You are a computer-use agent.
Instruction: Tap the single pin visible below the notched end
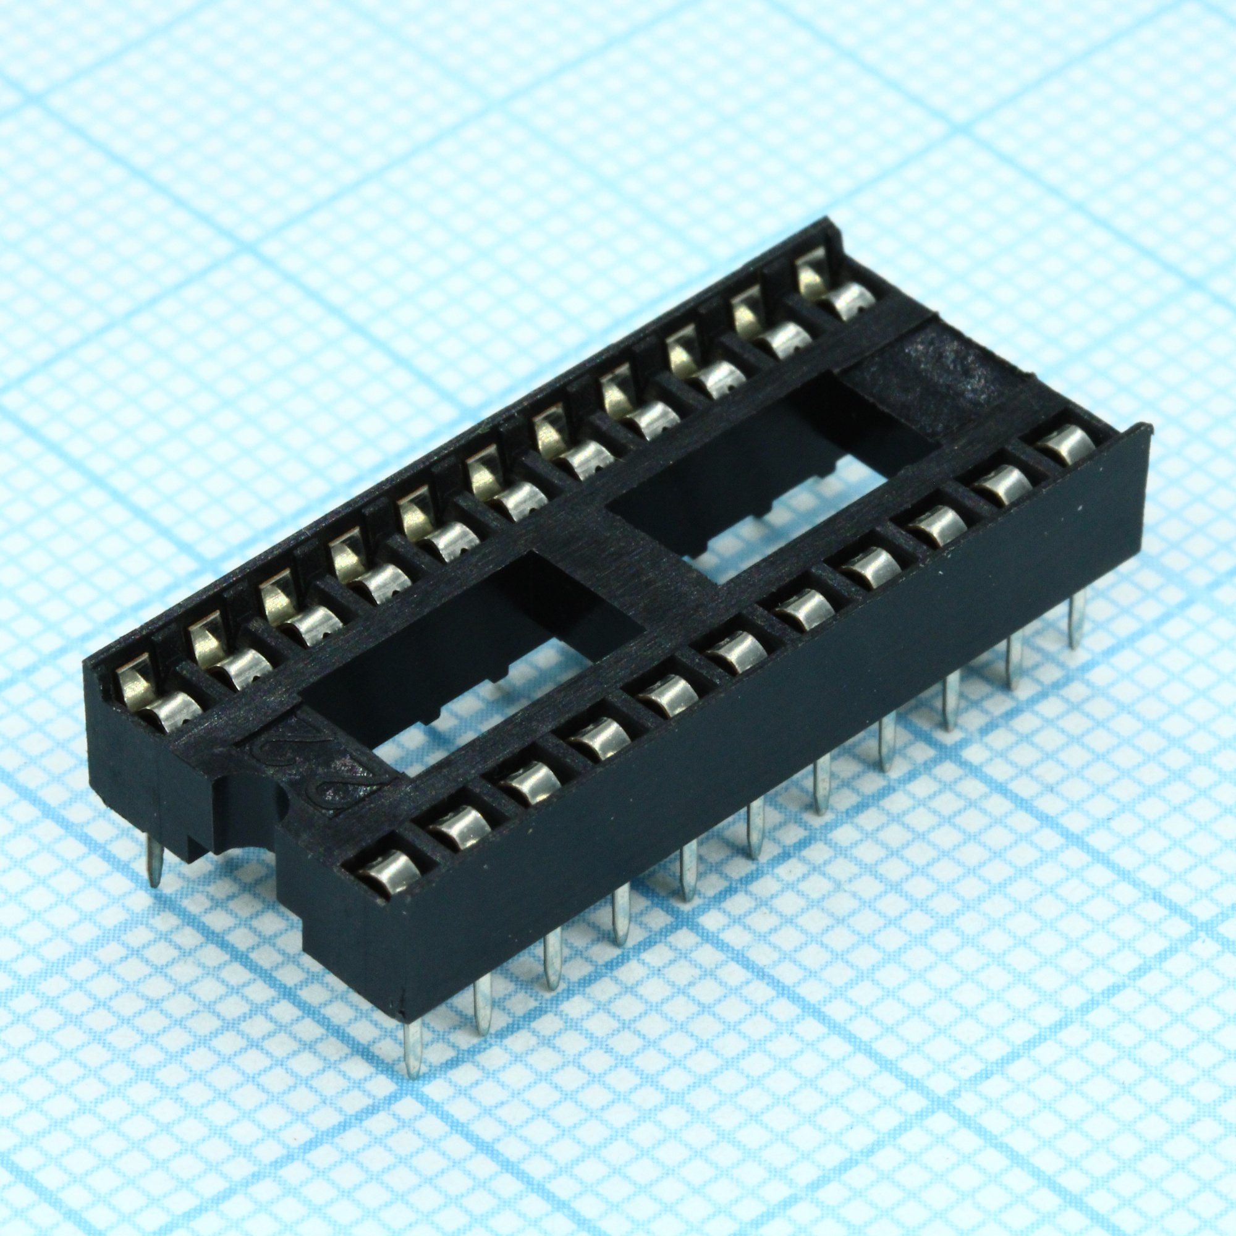[154, 860]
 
